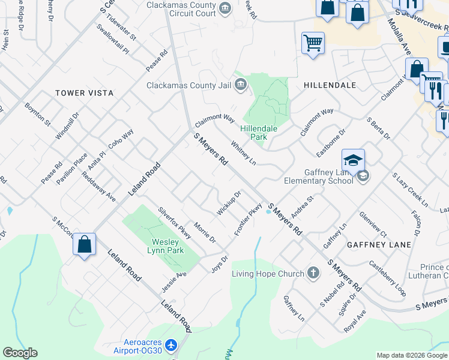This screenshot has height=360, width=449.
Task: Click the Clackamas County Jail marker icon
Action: (240, 85)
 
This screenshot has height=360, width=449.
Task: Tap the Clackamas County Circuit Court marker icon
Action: (225, 8)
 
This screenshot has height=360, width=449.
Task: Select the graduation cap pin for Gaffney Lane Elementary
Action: (354, 160)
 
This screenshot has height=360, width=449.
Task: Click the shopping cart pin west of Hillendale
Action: (313, 43)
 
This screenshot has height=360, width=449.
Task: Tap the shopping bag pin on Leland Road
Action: (85, 244)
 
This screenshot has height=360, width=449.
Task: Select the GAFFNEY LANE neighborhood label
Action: (379, 245)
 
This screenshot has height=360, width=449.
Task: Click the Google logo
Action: (20, 352)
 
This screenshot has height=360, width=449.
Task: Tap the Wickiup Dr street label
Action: (229, 203)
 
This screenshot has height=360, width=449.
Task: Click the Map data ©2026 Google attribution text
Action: (411, 355)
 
